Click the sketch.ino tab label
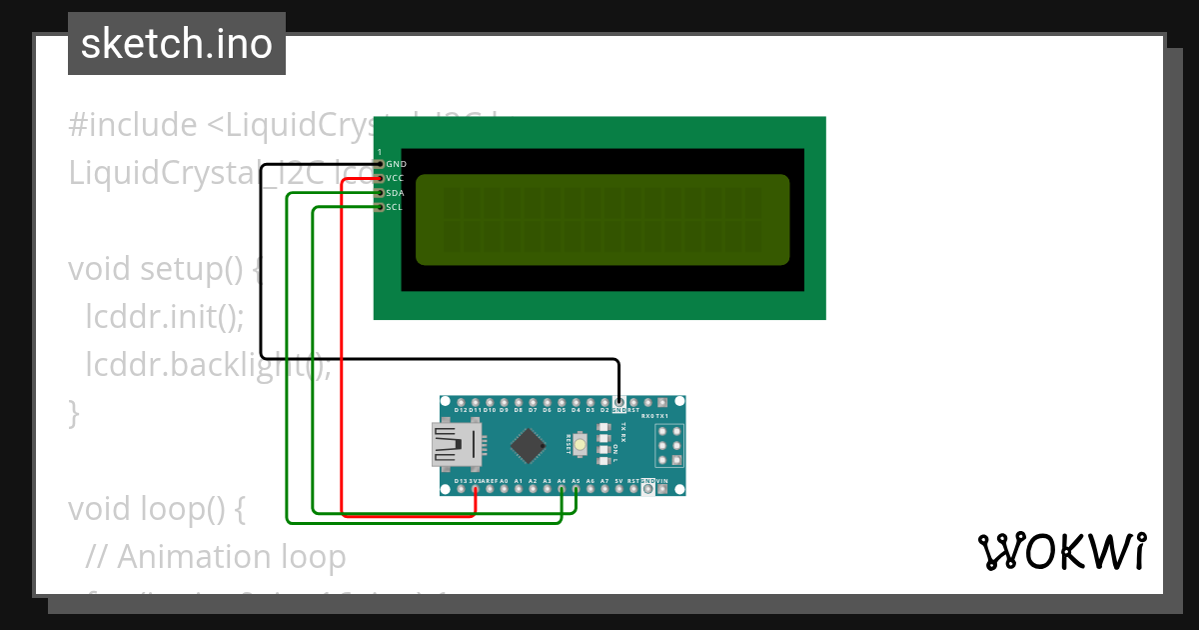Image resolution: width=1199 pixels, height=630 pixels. click(176, 44)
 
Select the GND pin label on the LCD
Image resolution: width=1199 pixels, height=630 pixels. click(396, 164)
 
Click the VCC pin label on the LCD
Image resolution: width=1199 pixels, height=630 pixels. click(395, 178)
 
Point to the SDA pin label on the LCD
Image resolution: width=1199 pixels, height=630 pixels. click(395, 193)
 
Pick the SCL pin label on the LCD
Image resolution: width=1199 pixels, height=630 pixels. click(395, 207)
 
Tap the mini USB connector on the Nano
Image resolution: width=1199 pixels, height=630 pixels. click(456, 444)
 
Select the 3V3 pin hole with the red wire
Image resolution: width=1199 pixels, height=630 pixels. click(475, 490)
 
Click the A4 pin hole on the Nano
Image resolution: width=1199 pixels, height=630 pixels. click(562, 490)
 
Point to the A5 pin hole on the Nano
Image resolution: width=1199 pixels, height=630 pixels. click(577, 490)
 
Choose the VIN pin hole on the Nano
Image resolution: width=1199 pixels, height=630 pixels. click(662, 490)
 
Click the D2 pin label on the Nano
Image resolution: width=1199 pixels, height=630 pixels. click(604, 410)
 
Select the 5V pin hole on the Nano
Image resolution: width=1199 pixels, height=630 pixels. click(619, 490)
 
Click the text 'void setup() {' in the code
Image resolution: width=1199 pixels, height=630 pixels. click(164, 270)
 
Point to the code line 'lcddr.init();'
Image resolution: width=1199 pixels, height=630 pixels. click(164, 318)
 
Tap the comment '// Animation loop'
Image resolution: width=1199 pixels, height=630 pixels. click(216, 557)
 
